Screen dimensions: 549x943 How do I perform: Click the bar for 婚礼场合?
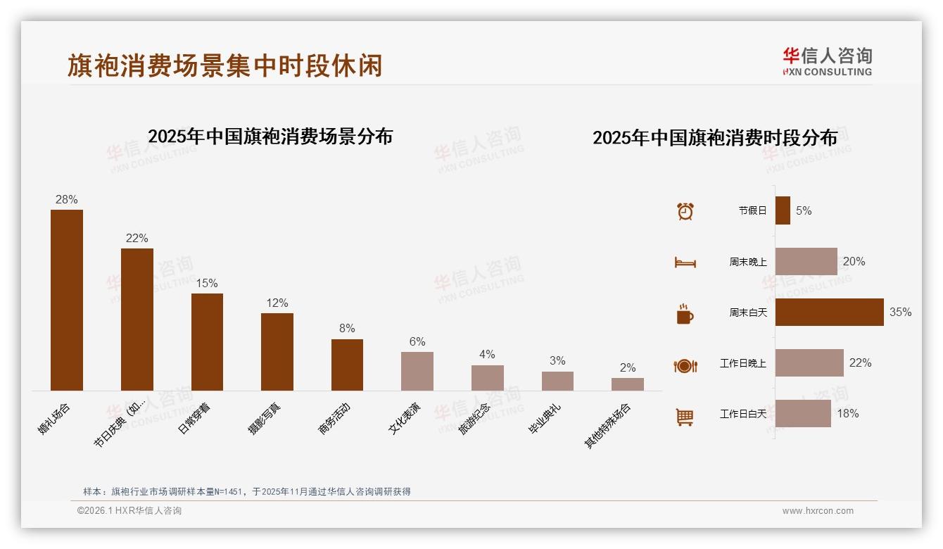click(x=67, y=300)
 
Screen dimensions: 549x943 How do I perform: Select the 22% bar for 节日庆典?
click(x=137, y=319)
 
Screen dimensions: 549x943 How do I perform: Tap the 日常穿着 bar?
click(x=207, y=341)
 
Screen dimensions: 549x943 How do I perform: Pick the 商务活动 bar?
click(x=347, y=365)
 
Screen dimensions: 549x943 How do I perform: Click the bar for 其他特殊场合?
click(x=627, y=384)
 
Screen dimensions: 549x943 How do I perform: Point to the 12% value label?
click(x=277, y=303)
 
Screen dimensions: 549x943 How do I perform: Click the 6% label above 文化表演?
click(x=417, y=342)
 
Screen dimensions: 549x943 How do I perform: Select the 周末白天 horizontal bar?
click(x=829, y=312)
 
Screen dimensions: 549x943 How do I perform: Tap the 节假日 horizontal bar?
click(x=783, y=210)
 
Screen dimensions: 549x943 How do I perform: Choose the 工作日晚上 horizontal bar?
click(x=809, y=362)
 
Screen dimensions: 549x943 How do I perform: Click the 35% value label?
click(x=900, y=312)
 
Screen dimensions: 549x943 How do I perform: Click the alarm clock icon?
click(x=685, y=211)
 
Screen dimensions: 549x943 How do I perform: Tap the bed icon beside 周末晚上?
click(x=685, y=263)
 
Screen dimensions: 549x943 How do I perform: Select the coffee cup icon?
click(x=685, y=314)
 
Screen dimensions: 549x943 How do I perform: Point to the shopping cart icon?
click(x=685, y=417)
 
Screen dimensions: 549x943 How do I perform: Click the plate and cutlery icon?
click(x=685, y=365)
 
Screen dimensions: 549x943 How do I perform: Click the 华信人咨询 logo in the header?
click(x=827, y=61)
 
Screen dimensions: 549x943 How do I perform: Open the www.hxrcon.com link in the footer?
click(x=818, y=511)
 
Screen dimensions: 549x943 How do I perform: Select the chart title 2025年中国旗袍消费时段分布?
click(x=715, y=137)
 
